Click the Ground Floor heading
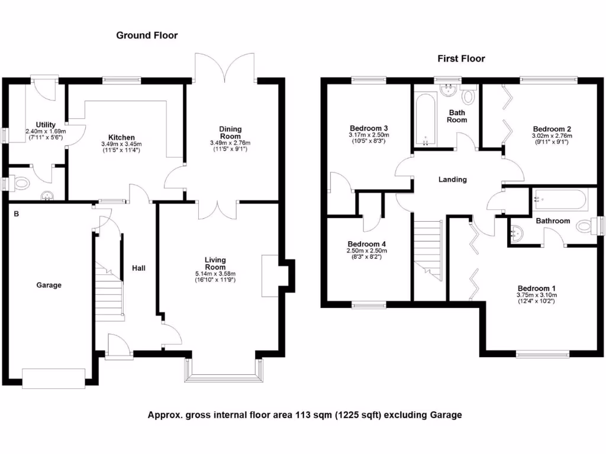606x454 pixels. pos(146,35)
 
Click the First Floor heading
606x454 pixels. pos(461,59)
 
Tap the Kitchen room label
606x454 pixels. pos(121,137)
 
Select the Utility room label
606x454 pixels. pos(46,124)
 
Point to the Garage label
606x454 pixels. pos(49,285)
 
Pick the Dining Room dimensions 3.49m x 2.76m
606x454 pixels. pos(230,142)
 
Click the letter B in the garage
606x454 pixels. pos(17,214)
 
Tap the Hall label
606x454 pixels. pos(139,268)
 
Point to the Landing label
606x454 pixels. pos(452,180)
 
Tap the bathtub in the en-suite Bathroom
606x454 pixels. pos(559,200)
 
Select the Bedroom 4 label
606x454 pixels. pos(366,244)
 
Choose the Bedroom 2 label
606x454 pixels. pos(552,129)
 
